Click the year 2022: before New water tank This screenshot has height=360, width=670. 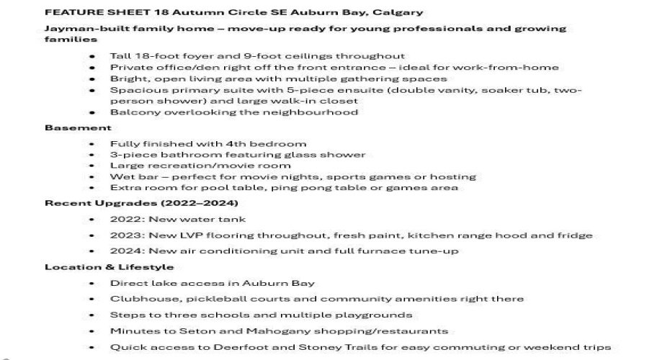(125, 220)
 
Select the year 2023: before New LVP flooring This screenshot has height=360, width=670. (125, 235)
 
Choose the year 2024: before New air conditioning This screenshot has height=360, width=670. (125, 251)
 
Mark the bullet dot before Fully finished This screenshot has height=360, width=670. (92, 144)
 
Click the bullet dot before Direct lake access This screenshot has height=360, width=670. (92, 283)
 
